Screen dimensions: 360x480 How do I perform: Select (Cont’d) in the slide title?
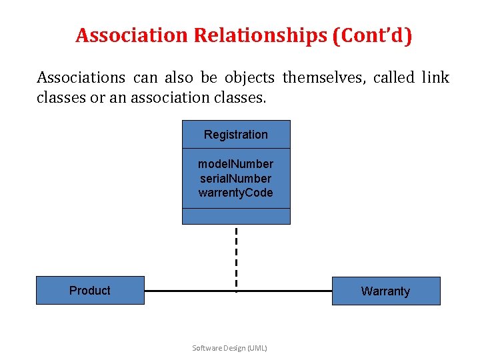coord(371,35)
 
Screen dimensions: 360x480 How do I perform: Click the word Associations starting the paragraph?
coord(81,78)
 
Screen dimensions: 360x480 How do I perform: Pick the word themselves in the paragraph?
coord(323,78)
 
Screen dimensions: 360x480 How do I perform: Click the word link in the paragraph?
coord(436,78)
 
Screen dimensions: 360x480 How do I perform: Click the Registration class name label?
coord(236,135)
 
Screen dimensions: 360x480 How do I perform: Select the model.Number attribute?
coord(236,164)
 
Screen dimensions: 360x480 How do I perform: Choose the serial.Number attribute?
coord(236,179)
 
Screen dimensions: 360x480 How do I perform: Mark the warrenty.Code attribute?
coord(236,193)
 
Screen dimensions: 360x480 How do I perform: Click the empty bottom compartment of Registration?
coord(236,217)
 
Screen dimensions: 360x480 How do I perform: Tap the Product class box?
coord(90,291)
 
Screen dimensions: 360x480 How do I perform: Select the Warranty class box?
coord(386,291)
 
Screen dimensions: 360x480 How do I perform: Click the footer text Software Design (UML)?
coord(229,348)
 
